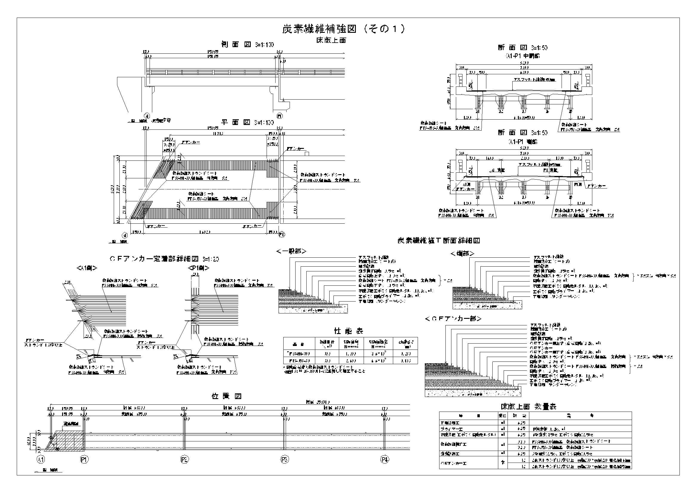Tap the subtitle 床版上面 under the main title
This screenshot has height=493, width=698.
331,40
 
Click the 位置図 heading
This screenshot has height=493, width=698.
227,396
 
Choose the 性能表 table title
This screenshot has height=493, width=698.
349,331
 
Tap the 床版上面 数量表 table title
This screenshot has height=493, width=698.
528,407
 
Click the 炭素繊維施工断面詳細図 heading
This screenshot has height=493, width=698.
438,241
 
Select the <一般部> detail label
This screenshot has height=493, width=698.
291,251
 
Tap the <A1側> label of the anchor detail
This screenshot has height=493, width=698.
87,268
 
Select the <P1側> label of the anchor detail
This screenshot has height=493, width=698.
199,268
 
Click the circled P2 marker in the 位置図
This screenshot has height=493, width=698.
184,460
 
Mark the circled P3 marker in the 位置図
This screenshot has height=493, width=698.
284,460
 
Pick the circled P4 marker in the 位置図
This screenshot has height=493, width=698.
385,460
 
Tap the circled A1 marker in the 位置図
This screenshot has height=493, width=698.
41,460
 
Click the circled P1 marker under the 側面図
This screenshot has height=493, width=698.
280,116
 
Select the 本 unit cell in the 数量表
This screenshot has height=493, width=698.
502,463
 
